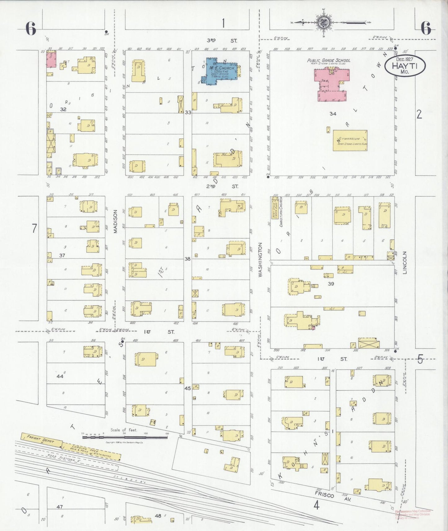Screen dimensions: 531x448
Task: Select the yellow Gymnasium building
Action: (x=350, y=140)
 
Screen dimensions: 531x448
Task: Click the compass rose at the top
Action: (x=323, y=22)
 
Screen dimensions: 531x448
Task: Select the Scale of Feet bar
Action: (x=125, y=437)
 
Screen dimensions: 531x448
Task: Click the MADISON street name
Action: (x=115, y=221)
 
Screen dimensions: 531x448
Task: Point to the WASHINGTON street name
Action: (x=260, y=260)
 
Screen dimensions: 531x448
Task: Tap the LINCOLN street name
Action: (x=404, y=263)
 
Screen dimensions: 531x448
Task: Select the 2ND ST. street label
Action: (x=222, y=186)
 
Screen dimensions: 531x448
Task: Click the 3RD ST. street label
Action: (x=222, y=41)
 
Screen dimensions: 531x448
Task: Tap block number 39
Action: (x=331, y=283)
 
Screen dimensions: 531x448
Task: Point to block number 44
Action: (x=60, y=376)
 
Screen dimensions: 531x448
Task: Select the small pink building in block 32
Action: (x=51, y=59)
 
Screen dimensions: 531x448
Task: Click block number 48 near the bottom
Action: (x=158, y=516)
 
